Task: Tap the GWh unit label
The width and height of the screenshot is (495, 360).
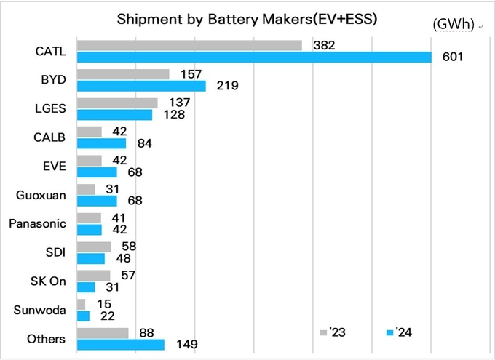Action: tap(453, 25)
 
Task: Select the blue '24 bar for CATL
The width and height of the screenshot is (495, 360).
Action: tap(254, 57)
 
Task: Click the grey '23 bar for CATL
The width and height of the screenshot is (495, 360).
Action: tap(189, 45)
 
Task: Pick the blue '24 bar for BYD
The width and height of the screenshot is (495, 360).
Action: tap(141, 86)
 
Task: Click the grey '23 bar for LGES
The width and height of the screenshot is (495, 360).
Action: tap(117, 103)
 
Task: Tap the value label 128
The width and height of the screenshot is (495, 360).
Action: tap(174, 114)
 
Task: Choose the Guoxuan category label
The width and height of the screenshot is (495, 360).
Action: tap(41, 195)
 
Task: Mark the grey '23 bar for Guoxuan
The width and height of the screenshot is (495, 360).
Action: tap(86, 189)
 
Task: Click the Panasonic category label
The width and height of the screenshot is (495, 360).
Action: tap(37, 223)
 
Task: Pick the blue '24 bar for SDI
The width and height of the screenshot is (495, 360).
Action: tap(91, 258)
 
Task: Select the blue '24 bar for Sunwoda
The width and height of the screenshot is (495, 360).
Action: tap(83, 316)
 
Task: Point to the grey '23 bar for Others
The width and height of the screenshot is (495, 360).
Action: tap(103, 333)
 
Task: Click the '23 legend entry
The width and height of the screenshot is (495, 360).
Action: tap(333, 333)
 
